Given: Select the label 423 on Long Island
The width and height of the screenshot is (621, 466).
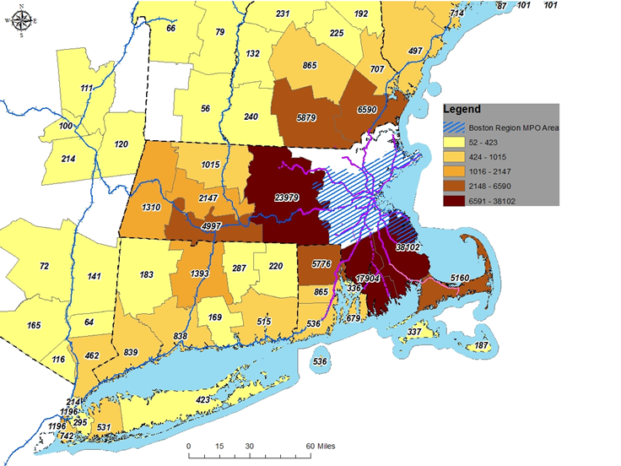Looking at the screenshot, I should pyautogui.click(x=202, y=399).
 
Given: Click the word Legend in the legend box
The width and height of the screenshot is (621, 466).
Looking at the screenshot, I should pyautogui.click(x=464, y=110).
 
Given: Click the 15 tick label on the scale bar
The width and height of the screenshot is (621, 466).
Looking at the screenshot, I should pyautogui.click(x=219, y=446).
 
